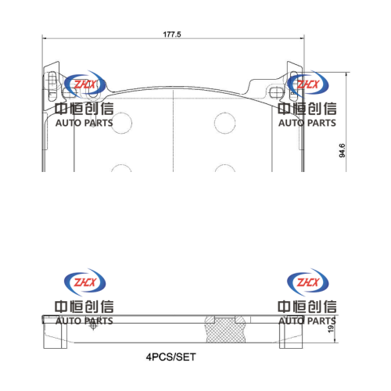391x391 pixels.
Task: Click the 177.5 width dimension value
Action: pos(172,34)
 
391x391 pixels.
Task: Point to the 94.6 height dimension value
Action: pos(342,150)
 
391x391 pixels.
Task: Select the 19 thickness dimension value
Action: pos(331,328)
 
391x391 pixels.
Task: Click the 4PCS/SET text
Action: pos(170,357)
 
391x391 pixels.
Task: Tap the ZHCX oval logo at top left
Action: pos(84,84)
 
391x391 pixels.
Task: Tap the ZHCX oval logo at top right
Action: pos(308,84)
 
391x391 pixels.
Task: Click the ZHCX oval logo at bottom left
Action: pos(84,282)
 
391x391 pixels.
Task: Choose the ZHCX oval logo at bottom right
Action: pos(308,282)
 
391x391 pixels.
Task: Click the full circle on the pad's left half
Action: pos(121,113)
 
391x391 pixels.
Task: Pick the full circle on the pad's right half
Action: pos(225,113)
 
